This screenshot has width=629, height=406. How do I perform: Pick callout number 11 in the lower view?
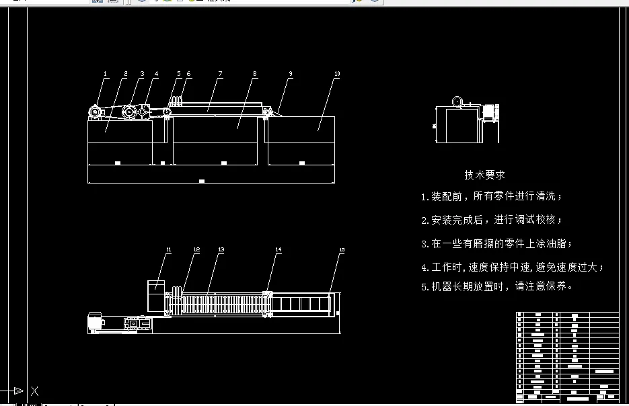168,250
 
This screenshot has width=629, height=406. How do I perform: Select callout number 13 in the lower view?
221,250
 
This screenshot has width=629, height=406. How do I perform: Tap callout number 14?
278,250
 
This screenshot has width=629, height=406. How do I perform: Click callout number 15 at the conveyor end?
342,250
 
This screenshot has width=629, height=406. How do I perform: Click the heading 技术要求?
484,175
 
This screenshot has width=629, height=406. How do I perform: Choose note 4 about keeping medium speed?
512,268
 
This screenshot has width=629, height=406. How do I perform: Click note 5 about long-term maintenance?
497,286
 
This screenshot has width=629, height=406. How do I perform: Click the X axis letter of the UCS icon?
35,391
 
